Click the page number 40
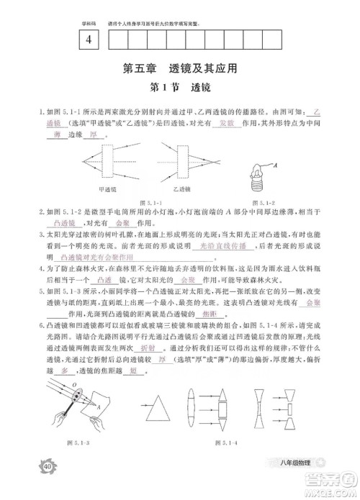[47, 466]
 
